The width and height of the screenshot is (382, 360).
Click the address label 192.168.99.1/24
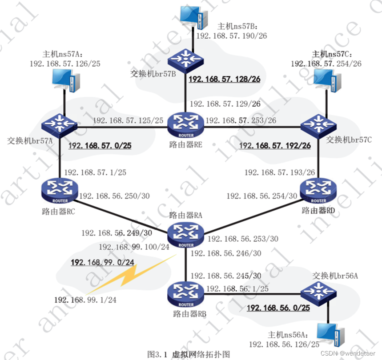(x=85, y=300)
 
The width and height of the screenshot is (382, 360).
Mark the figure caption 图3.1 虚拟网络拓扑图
(x=189, y=354)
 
